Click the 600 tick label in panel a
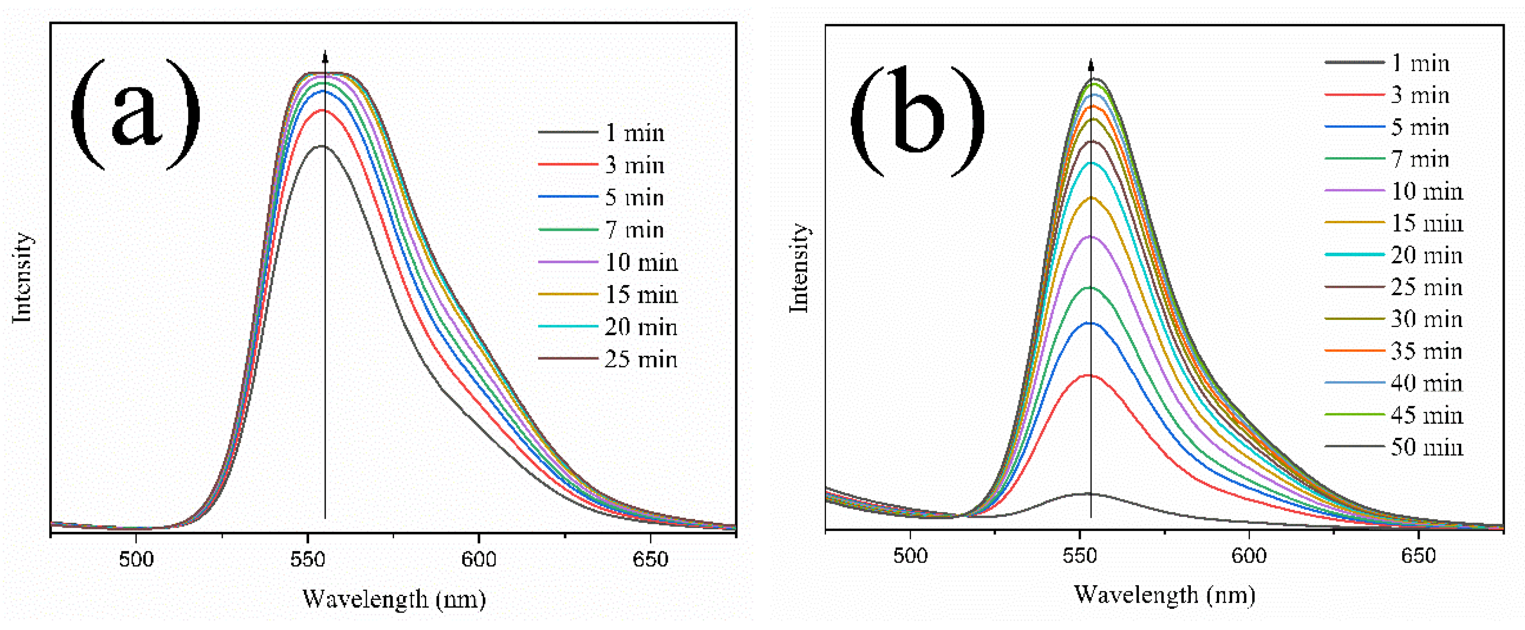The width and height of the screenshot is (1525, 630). pos(478,559)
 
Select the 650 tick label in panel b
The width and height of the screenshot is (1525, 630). pos(1418,555)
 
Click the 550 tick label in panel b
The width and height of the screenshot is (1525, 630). pos(1080,555)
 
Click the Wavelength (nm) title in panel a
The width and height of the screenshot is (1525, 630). pos(394,599)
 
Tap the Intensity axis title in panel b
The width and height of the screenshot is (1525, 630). pos(799,268)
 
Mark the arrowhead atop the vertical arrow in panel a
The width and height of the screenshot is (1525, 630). pos(325,56)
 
